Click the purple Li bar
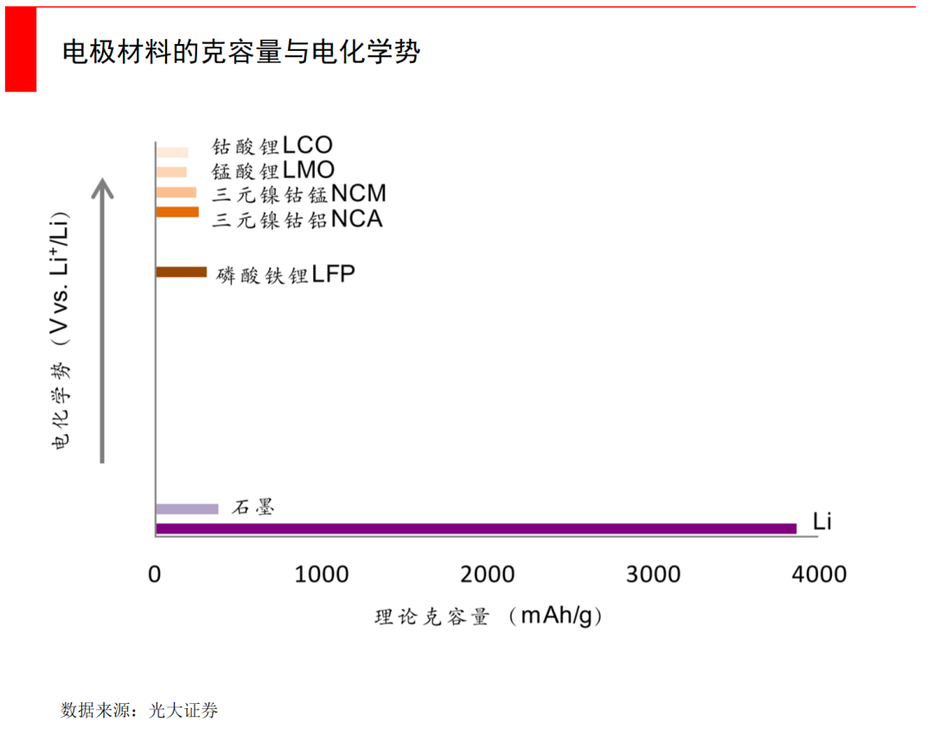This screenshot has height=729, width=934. click(476, 528)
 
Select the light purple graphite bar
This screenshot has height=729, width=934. click(187, 508)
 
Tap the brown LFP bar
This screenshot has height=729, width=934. click(182, 272)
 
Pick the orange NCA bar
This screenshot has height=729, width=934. click(177, 212)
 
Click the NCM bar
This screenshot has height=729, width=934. click(176, 192)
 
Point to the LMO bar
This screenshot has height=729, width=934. click(171, 172)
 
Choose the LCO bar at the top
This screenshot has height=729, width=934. click(172, 152)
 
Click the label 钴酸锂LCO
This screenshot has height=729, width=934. click(272, 146)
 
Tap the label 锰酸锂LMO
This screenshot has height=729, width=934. click(273, 170)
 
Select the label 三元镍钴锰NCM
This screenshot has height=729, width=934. click(299, 194)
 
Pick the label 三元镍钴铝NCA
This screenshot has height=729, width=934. click(297, 219)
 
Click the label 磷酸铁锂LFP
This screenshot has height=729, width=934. click(286, 275)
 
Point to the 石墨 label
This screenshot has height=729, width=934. click(253, 508)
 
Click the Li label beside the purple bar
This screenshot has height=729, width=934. click(822, 521)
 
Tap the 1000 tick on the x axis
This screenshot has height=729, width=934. click(322, 574)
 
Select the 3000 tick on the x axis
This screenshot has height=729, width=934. click(653, 574)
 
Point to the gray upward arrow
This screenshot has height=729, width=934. click(103, 320)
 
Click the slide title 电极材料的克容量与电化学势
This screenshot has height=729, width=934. click(241, 52)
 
